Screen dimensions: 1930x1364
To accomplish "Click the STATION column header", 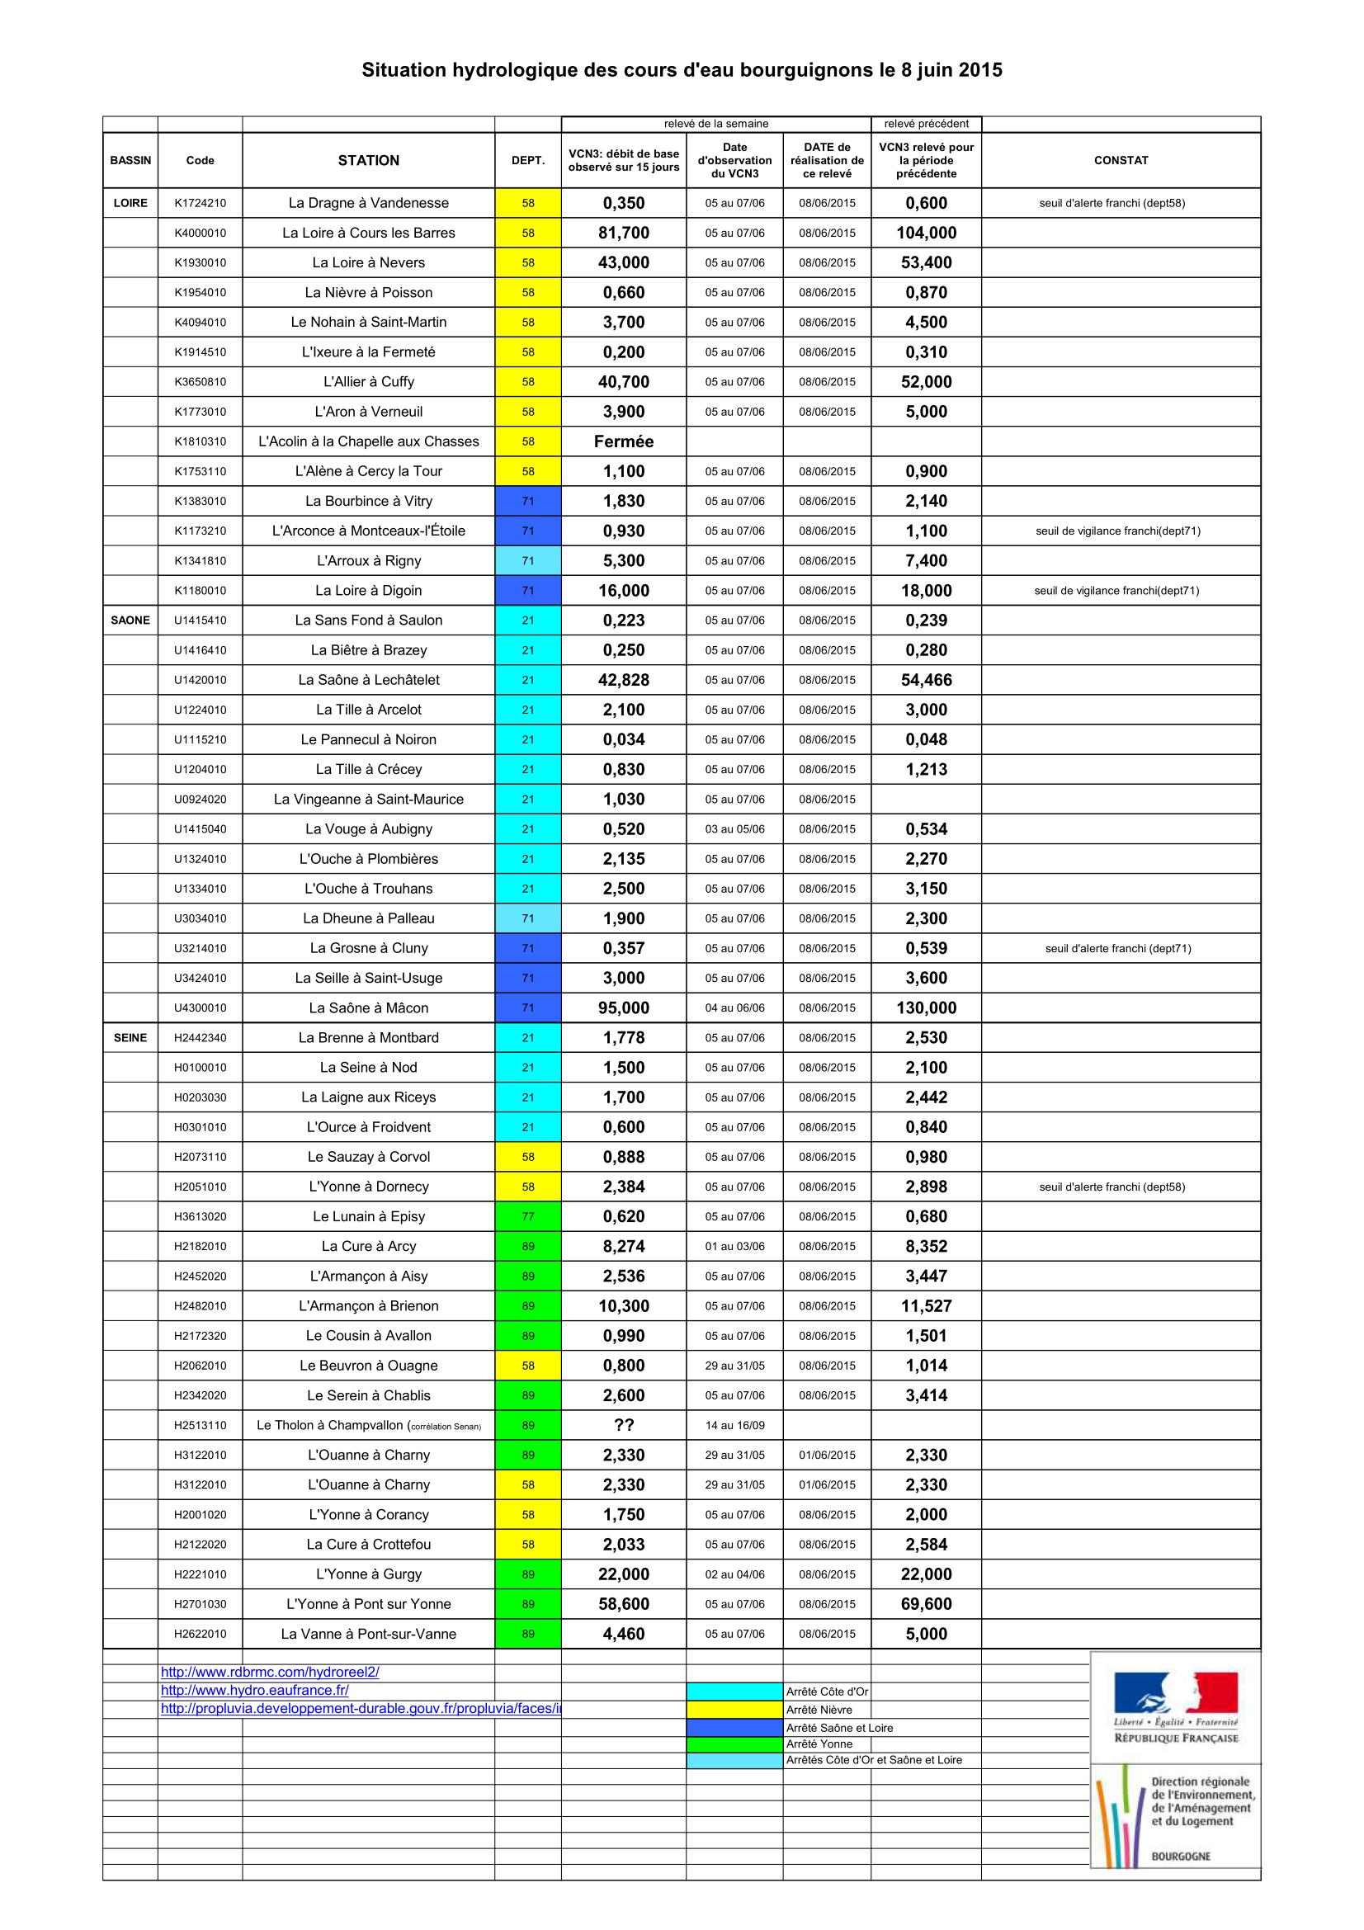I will tap(368, 161).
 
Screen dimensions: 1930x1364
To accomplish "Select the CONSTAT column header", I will tap(1121, 161).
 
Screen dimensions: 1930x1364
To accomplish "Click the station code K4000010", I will tap(200, 233).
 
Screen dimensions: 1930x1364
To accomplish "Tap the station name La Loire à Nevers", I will tap(368, 263).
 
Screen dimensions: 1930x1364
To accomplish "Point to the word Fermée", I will tap(624, 441).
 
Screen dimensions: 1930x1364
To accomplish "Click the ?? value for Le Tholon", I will tap(624, 1425).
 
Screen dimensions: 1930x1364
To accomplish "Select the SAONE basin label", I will tap(130, 621).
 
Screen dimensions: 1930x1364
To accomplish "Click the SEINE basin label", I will tap(130, 1037).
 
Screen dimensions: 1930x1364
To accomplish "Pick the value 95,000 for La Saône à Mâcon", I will tap(624, 1007).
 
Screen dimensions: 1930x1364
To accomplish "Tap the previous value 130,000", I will tap(926, 1007).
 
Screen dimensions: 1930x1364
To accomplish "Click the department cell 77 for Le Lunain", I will tap(528, 1216).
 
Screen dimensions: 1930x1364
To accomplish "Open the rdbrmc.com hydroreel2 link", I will tap(270, 1672).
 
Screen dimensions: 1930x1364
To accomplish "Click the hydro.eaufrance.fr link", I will tap(255, 1690).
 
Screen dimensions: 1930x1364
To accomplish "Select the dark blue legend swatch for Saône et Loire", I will tap(734, 1727).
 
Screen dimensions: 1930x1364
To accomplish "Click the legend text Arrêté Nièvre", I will tap(819, 1710).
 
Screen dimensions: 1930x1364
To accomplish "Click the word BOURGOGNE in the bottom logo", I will tap(1180, 1856).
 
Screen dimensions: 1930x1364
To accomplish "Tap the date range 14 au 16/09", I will tap(734, 1425).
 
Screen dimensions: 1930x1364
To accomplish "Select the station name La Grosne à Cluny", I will tap(368, 948).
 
